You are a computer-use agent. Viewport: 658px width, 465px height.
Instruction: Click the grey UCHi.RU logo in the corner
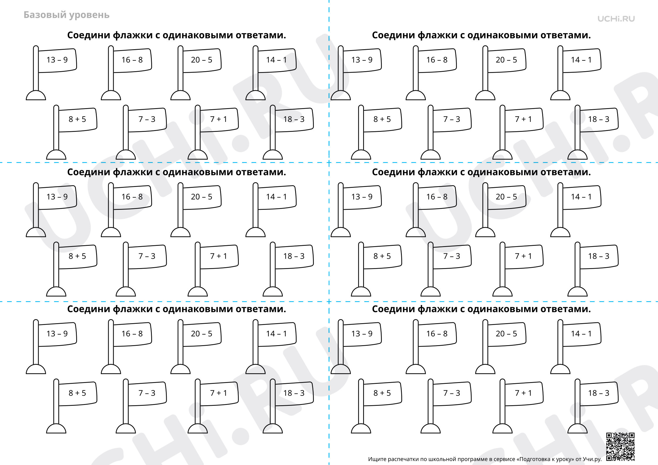[x=616, y=19]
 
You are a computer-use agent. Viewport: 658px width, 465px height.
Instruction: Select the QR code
[x=620, y=447]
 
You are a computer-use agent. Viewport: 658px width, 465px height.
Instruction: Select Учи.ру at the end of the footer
[x=592, y=459]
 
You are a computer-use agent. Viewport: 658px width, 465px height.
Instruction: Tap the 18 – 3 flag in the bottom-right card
[x=599, y=394]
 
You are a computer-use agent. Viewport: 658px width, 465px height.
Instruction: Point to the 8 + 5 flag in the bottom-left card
[x=77, y=394]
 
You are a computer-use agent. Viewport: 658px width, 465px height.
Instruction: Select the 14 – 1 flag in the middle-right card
[x=582, y=197]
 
